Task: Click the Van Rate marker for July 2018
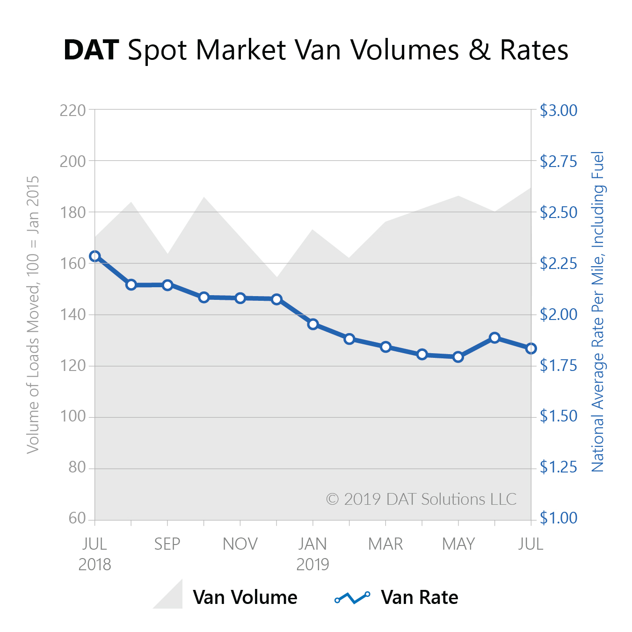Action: pyautogui.click(x=95, y=256)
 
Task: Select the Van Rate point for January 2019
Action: pyautogui.click(x=313, y=324)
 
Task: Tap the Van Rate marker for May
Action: pyautogui.click(x=458, y=357)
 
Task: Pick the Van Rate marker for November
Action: pyautogui.click(x=240, y=298)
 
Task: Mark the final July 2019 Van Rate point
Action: pyautogui.click(x=531, y=349)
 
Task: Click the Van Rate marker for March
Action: pyautogui.click(x=386, y=347)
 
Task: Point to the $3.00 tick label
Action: pyautogui.click(x=559, y=110)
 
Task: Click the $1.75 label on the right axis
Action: pyautogui.click(x=559, y=365)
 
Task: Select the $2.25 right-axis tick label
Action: pyautogui.click(x=559, y=263)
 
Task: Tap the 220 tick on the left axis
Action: pyautogui.click(x=73, y=110)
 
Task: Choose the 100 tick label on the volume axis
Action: pyautogui.click(x=73, y=416)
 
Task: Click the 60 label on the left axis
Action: pyautogui.click(x=77, y=518)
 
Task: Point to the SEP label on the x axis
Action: pyautogui.click(x=167, y=544)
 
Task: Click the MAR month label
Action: pyautogui.click(x=385, y=544)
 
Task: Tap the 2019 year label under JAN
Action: pyautogui.click(x=313, y=565)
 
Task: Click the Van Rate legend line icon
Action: pyautogui.click(x=353, y=597)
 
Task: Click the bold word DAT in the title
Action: pyautogui.click(x=91, y=50)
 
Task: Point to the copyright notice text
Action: pyautogui.click(x=421, y=499)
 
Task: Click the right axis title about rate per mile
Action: pyautogui.click(x=598, y=311)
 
